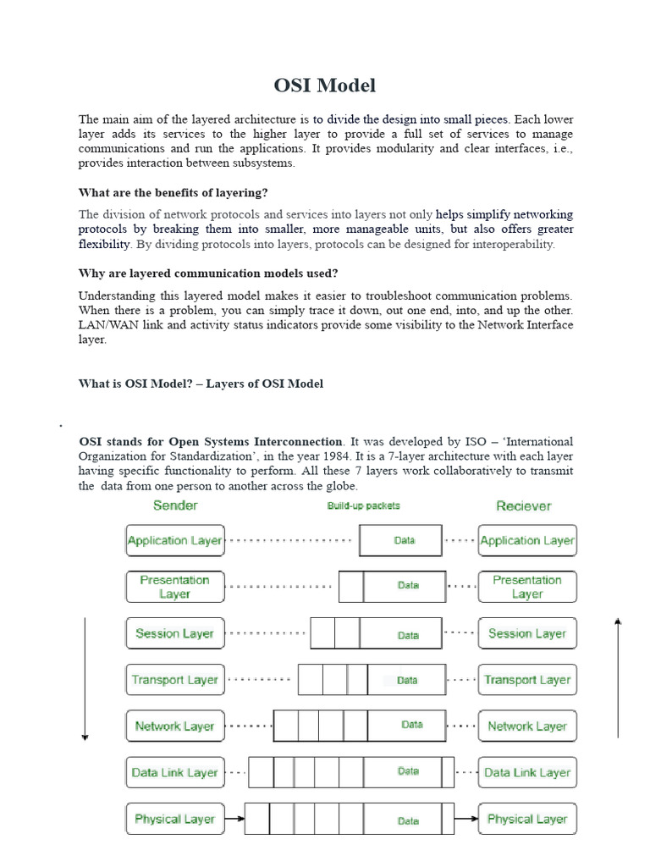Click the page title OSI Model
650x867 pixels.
click(325, 86)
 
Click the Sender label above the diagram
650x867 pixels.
click(175, 505)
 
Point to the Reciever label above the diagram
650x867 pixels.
click(524, 506)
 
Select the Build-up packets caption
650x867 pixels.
click(363, 506)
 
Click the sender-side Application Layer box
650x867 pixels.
click(175, 540)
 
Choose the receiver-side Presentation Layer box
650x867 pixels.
click(527, 587)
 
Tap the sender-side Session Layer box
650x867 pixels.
click(175, 633)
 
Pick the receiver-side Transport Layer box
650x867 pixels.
click(527, 680)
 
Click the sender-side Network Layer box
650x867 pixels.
click(175, 726)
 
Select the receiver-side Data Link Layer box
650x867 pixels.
click(527, 772)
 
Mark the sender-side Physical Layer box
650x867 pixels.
click(175, 819)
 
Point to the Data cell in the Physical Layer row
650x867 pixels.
click(408, 820)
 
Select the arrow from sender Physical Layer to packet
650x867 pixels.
click(234, 819)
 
